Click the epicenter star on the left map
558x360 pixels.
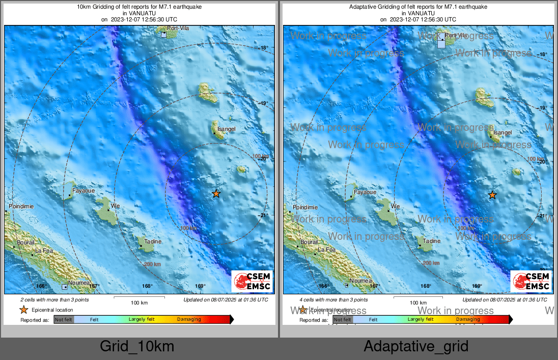216,193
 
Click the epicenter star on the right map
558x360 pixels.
492,195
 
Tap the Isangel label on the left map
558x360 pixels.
227,129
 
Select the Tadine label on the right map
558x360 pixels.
432,241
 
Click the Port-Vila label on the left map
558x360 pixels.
178,29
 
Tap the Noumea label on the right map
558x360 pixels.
360,281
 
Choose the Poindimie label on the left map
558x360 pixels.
20,207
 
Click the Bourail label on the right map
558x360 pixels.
309,242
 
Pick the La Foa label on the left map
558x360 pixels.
43,251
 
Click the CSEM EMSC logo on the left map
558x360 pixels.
252,282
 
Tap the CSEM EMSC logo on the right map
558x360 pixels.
531,282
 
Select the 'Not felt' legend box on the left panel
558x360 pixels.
64,320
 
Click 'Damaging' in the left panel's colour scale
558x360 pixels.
189,320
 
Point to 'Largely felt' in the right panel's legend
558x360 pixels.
421,320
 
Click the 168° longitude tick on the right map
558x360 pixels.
426,286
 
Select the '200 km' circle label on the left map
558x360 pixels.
152,264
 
